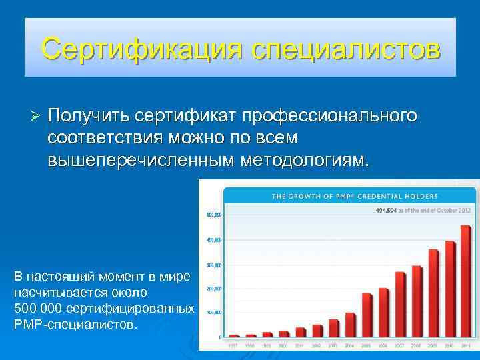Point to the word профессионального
click(x=330, y=116)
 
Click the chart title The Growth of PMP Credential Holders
click(x=354, y=196)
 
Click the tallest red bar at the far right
click(x=466, y=281)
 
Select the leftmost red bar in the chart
click(x=235, y=335)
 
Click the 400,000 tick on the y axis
click(x=213, y=239)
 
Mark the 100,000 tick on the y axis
click(x=213, y=312)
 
